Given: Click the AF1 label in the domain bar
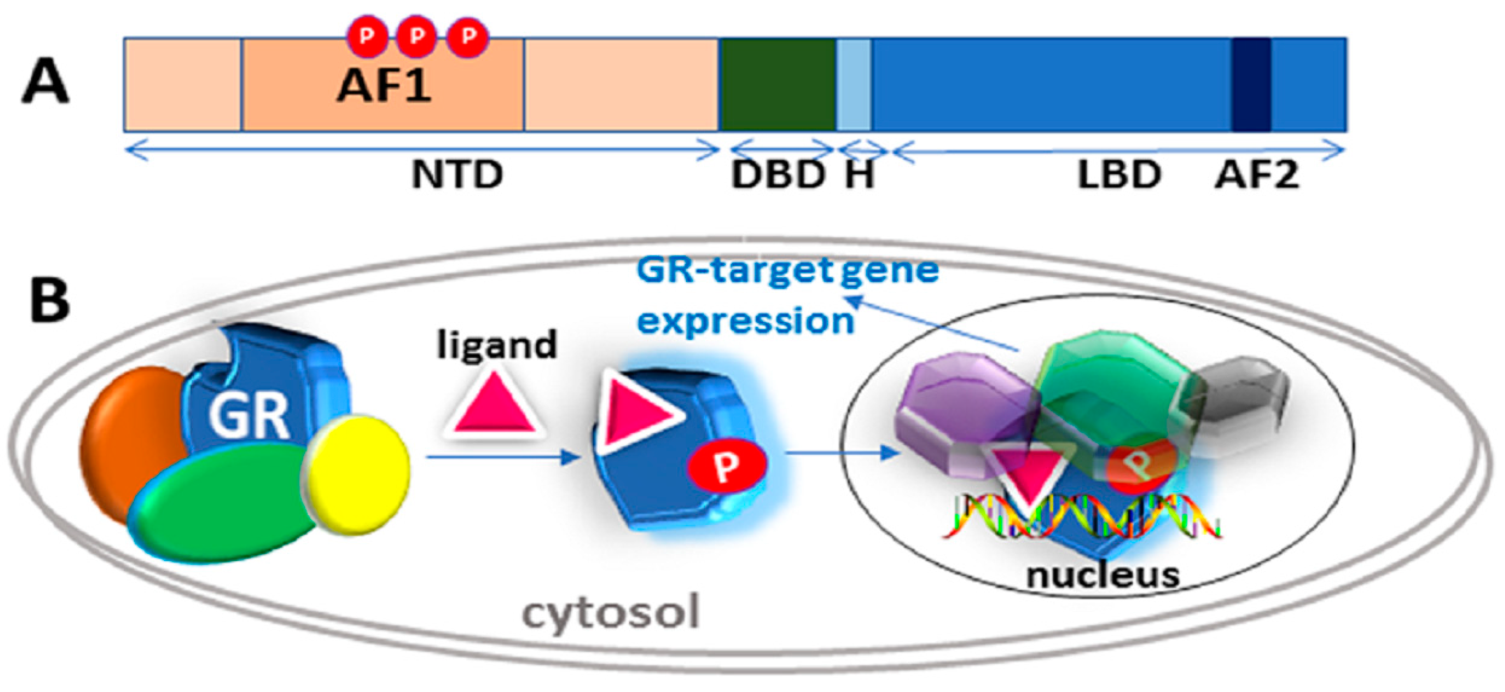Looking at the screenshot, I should pyautogui.click(x=384, y=86).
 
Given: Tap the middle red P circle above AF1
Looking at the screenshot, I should pyautogui.click(x=416, y=36).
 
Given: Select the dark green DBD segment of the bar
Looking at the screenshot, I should pyautogui.click(x=777, y=85).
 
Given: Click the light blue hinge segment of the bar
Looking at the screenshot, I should pyautogui.click(x=854, y=85).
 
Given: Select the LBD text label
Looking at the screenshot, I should pyautogui.click(x=1118, y=174).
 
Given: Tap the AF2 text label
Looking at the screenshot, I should pyautogui.click(x=1256, y=174).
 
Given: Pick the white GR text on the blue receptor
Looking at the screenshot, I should pyautogui.click(x=248, y=415).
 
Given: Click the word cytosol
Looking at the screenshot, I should pyautogui.click(x=610, y=613).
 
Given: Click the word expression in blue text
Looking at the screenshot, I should pyautogui.click(x=745, y=321).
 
